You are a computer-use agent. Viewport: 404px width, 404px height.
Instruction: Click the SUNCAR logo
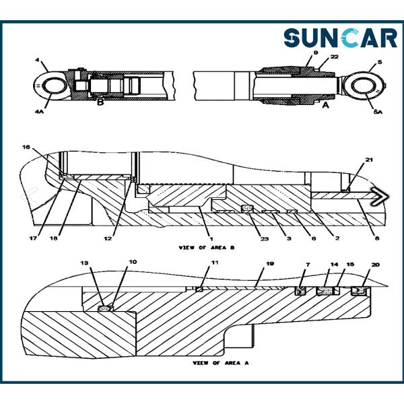(340, 38)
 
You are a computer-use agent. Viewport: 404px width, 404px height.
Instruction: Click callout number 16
(26, 147)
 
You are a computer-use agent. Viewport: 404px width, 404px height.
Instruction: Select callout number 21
(369, 160)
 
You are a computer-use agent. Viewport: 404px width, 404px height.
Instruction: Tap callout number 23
(265, 238)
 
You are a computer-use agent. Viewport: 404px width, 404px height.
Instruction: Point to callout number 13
(84, 263)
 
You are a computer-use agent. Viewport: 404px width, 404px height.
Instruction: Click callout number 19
(270, 263)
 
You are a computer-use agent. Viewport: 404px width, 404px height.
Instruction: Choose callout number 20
(376, 265)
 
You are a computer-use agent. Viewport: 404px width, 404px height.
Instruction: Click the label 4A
(39, 112)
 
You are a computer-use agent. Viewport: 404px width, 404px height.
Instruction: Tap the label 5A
(378, 112)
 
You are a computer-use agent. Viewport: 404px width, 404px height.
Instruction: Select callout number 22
(334, 57)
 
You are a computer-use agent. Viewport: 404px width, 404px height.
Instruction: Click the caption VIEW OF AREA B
(207, 248)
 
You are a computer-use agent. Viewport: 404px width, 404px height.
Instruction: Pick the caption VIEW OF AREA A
(221, 363)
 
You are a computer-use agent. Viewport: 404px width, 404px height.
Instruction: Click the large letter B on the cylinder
(100, 102)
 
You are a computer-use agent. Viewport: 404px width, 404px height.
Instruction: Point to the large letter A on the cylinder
(326, 105)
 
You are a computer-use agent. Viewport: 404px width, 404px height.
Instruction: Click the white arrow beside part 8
(379, 197)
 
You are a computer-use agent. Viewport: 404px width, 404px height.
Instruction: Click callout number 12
(108, 238)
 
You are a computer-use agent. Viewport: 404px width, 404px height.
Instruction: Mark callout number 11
(215, 263)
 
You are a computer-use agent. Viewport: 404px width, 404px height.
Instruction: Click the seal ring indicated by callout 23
(247, 209)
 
